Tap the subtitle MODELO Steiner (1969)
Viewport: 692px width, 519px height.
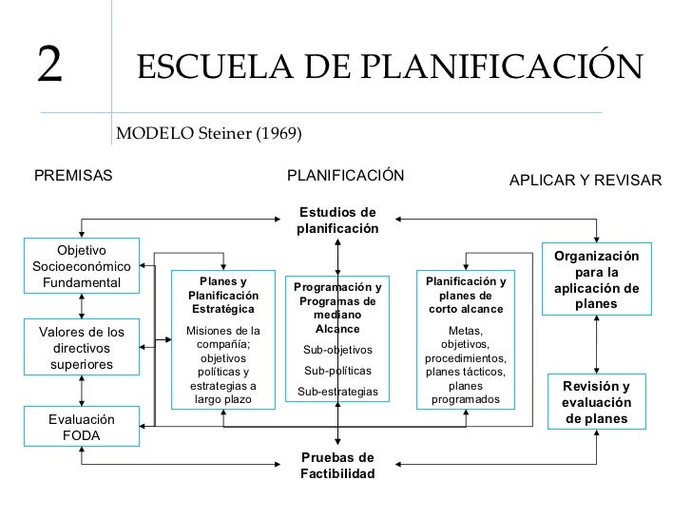[208, 133]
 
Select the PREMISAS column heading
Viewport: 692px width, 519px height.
[73, 176]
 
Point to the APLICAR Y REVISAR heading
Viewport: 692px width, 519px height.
[586, 180]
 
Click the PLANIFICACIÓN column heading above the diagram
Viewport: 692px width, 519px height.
[345, 176]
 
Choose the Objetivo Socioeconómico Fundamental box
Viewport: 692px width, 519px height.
[82, 266]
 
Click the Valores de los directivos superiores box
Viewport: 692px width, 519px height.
[82, 347]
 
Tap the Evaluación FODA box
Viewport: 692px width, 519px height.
[82, 428]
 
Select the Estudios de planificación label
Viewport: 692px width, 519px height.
[337, 221]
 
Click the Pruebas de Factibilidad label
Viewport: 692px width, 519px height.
[337, 465]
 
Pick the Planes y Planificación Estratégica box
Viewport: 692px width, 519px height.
[222, 339]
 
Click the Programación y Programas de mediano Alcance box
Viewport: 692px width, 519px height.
[337, 340]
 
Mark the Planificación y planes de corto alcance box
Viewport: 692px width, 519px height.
[466, 339]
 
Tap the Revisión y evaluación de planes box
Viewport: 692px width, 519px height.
[597, 403]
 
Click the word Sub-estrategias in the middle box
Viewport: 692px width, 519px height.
[337, 392]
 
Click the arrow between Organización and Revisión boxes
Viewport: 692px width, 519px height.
[597, 342]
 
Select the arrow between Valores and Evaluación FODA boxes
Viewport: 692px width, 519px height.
[83, 390]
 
